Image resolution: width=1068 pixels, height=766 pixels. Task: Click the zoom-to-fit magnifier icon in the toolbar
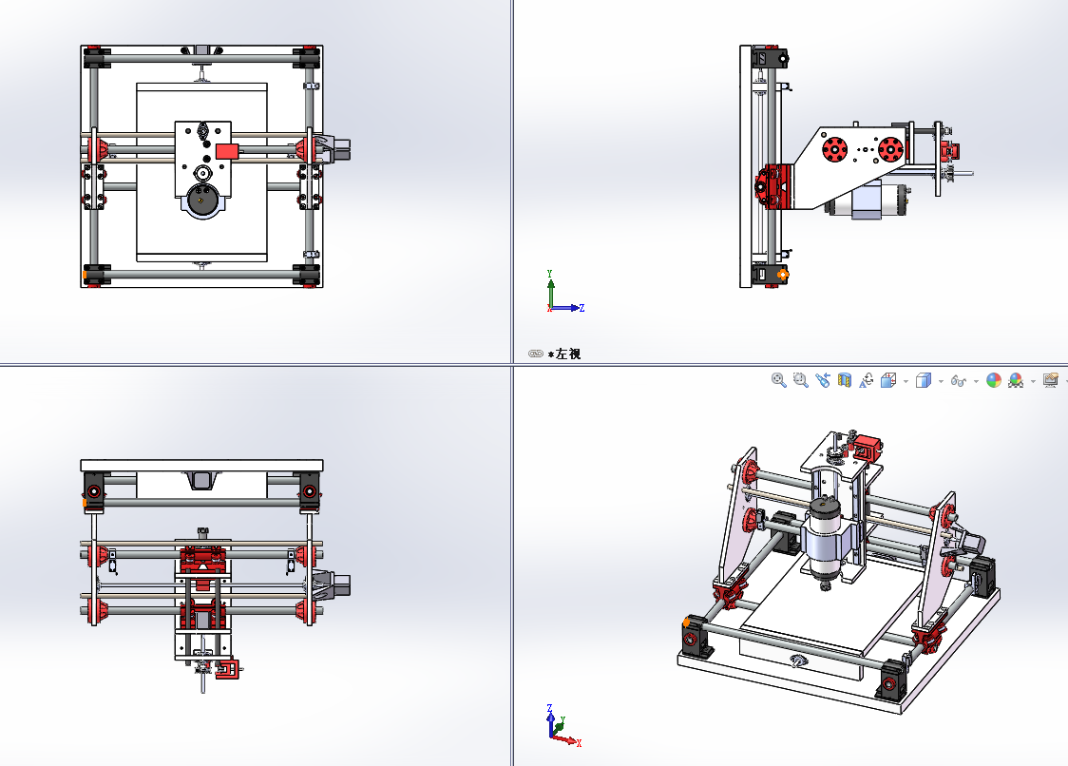point(779,380)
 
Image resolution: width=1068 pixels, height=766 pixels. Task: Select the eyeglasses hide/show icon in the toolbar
point(960,381)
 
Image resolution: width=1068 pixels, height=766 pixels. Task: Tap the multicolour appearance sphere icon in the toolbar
point(994,380)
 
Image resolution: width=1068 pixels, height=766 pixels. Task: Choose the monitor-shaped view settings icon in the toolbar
point(1051,380)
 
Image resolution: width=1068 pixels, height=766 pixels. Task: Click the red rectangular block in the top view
point(227,150)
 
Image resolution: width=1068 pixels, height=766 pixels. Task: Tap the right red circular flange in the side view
point(890,149)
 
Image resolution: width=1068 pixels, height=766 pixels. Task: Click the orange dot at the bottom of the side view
point(783,275)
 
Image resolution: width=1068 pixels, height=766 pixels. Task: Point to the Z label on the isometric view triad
point(551,708)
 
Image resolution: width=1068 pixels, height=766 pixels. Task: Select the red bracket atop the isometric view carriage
point(867,446)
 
